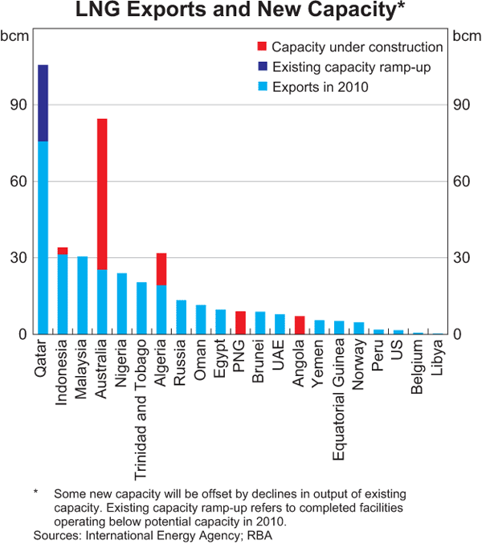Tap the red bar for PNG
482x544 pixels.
(240, 322)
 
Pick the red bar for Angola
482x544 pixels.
(300, 325)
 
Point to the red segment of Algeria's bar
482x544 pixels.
(161, 269)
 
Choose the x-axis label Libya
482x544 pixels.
(438, 358)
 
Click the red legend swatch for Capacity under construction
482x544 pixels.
(262, 47)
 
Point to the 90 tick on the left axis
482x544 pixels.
(18, 105)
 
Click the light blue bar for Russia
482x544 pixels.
(181, 317)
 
